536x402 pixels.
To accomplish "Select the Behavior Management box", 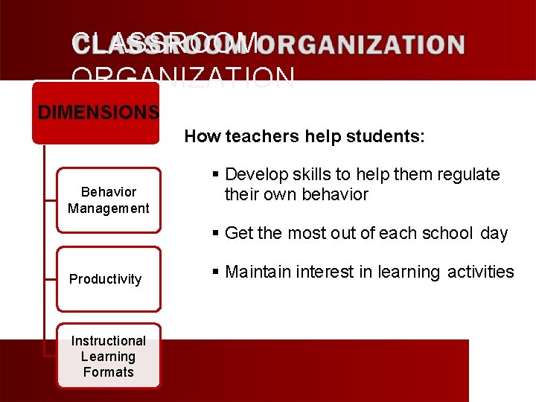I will click(x=109, y=200).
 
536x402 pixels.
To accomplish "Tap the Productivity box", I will click(x=108, y=279).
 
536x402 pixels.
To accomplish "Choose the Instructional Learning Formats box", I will click(x=109, y=356).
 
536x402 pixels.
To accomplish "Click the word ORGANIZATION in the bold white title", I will click(x=365, y=45).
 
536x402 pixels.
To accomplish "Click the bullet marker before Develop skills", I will click(x=215, y=174).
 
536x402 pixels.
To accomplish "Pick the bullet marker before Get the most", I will click(x=215, y=233).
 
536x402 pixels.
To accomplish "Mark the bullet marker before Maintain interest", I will click(x=215, y=272).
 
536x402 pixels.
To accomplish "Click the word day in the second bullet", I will click(x=494, y=233).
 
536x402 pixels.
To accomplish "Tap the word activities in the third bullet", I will click(x=481, y=272).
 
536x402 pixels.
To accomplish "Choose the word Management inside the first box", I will click(x=109, y=208).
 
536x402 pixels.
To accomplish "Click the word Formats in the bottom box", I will click(x=109, y=371).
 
